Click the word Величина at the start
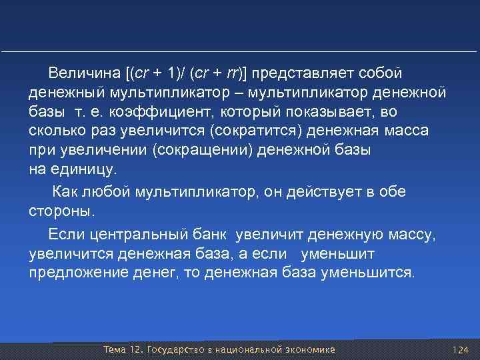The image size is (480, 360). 87,71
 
